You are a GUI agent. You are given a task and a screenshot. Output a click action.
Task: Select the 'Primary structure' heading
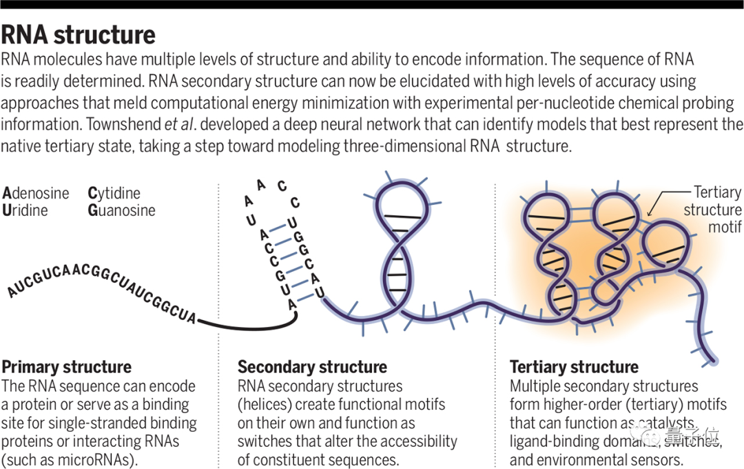(66, 366)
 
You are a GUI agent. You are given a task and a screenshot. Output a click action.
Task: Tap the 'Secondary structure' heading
(312, 366)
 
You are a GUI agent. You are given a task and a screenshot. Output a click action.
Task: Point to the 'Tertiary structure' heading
(574, 366)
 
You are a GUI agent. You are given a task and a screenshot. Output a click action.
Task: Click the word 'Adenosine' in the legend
(36, 193)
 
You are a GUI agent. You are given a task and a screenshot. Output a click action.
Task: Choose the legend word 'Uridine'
(25, 210)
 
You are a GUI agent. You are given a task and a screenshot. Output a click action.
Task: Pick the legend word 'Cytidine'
(114, 193)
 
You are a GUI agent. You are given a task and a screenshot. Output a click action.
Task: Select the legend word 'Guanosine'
(122, 210)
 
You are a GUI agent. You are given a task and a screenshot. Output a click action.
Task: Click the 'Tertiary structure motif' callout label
(712, 209)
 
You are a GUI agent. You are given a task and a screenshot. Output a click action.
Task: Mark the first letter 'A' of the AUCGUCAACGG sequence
(11, 292)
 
